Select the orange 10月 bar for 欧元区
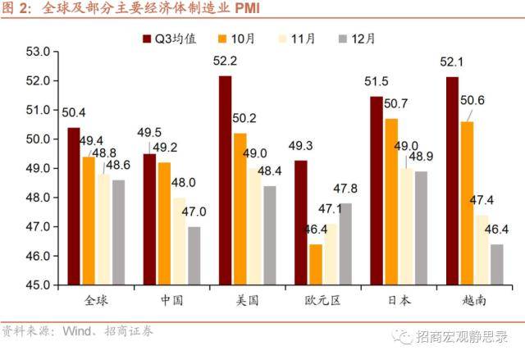click(316, 264)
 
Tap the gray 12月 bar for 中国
click(194, 256)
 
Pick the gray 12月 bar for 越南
click(496, 264)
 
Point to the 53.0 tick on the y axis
click(39, 52)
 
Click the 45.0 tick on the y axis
click(39, 285)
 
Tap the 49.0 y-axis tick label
click(39, 168)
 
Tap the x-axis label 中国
click(173, 301)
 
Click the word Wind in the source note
click(75, 332)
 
